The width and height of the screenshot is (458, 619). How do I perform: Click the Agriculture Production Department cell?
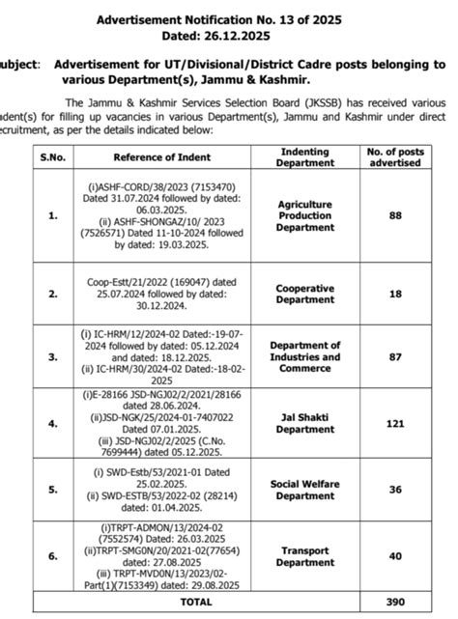[305, 216]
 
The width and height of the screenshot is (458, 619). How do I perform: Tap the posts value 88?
[395, 216]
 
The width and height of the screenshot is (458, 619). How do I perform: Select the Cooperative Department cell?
[305, 293]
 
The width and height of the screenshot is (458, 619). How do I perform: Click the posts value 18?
[395, 293]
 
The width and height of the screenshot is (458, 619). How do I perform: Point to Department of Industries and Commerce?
[305, 355]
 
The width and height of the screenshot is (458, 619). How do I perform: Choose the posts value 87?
[395, 355]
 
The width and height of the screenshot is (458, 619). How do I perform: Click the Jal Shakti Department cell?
[305, 423]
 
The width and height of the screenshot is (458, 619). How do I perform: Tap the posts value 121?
[395, 423]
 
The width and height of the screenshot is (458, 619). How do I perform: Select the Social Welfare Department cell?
[305, 489]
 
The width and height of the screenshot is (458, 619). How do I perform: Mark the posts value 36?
[395, 489]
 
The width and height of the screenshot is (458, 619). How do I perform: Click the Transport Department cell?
[305, 556]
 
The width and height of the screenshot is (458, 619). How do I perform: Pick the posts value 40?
[395, 556]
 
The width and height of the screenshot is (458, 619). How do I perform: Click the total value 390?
[395, 601]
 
